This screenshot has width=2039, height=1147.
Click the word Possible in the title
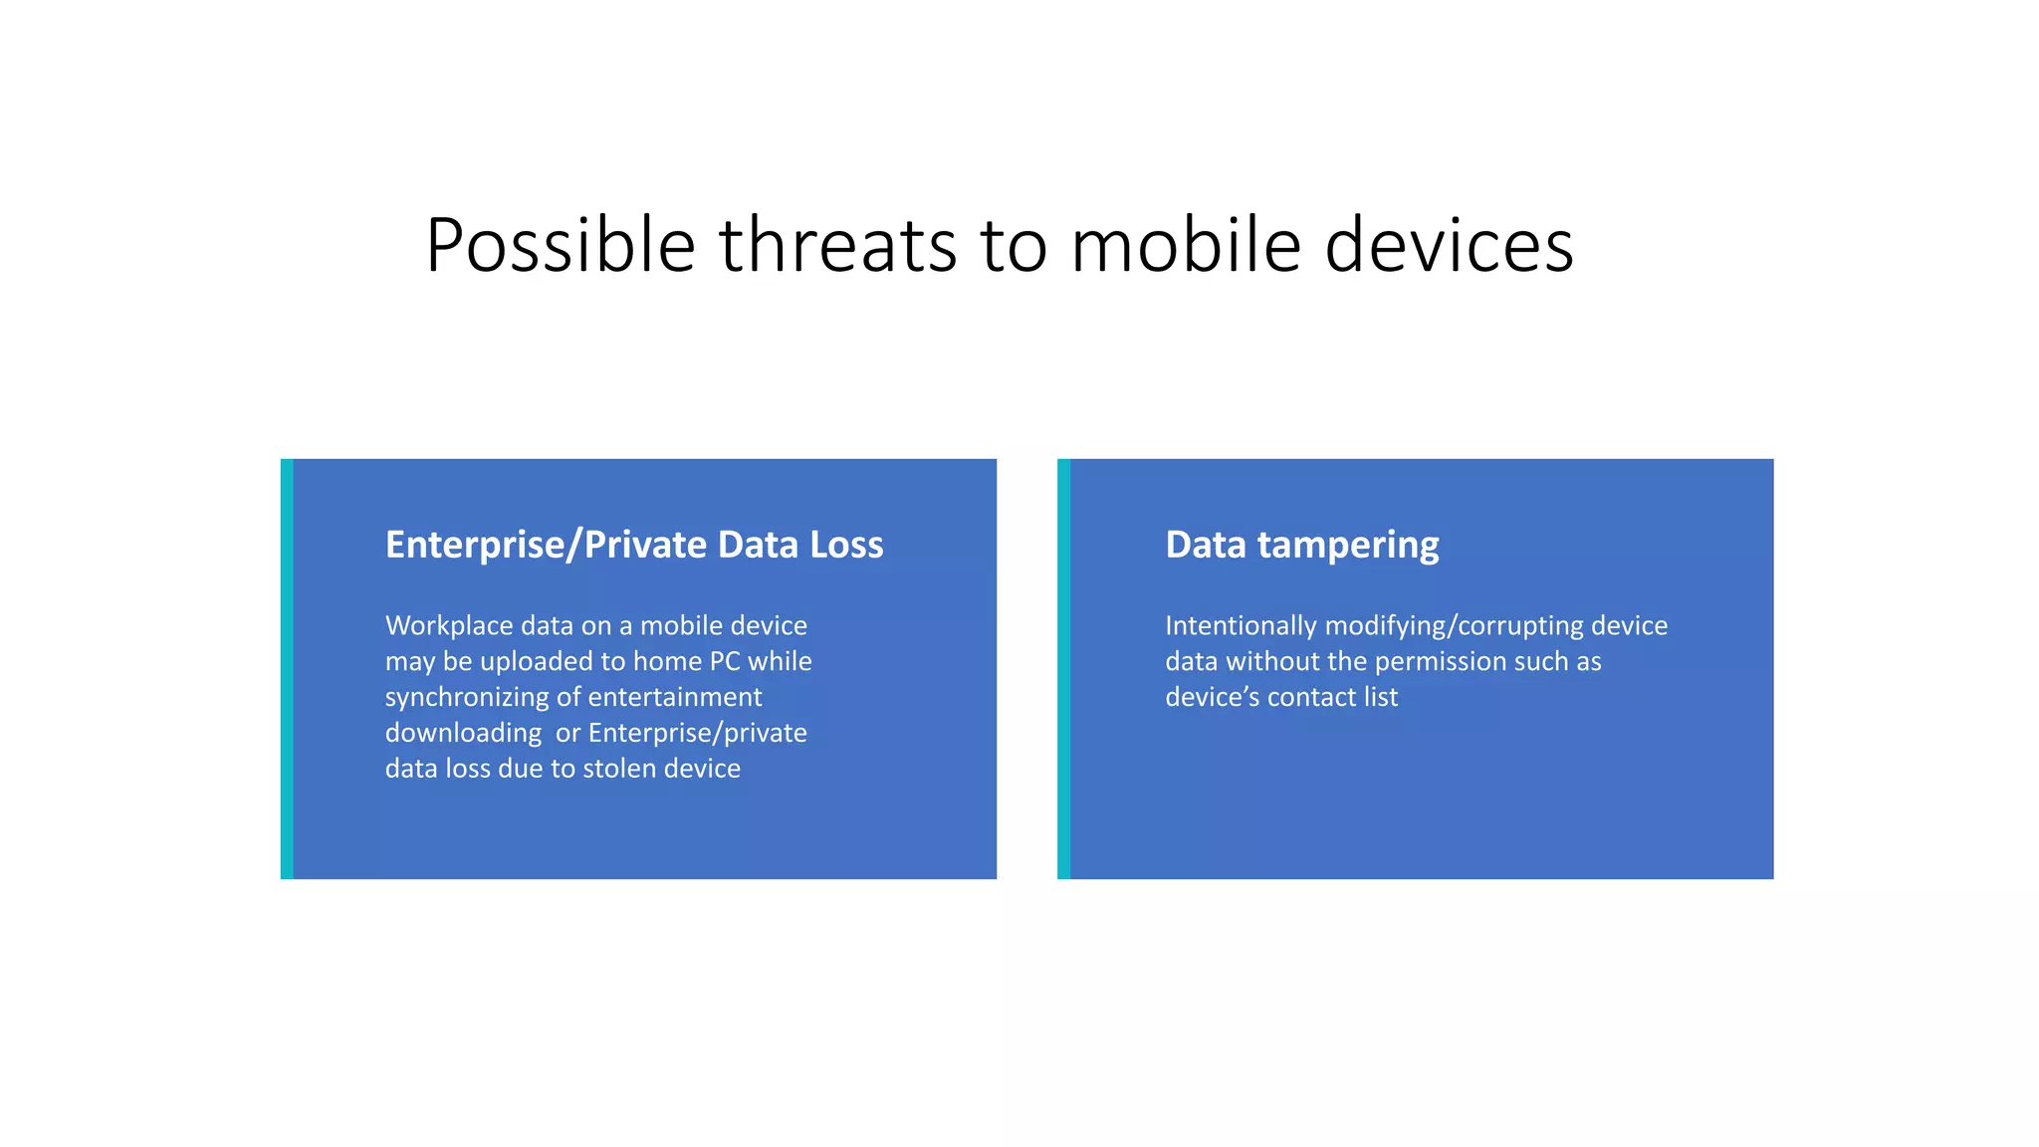click(560, 246)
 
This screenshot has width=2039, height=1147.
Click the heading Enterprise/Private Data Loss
click(634, 545)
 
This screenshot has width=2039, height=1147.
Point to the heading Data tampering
click(1301, 545)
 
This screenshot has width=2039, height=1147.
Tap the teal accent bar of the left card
click(287, 669)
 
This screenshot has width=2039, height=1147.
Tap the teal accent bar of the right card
click(1063, 669)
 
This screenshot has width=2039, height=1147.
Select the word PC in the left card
click(725, 661)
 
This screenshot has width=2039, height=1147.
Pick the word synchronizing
click(467, 697)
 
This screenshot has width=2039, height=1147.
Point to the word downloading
click(464, 733)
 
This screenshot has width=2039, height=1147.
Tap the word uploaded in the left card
click(537, 661)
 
